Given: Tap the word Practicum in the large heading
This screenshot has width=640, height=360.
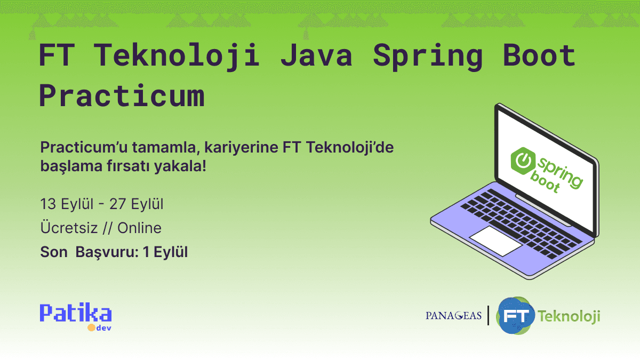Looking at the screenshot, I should pyautogui.click(x=122, y=97).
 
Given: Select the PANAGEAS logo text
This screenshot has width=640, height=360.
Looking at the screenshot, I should pyautogui.click(x=454, y=316).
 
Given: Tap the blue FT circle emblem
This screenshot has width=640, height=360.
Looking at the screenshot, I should pyautogui.click(x=515, y=316).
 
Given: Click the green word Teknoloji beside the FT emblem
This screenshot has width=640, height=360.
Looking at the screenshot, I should pyautogui.click(x=569, y=316).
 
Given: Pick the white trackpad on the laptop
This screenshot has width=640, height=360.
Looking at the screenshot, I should pyautogui.click(x=495, y=241).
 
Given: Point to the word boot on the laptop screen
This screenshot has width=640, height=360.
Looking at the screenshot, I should pyautogui.click(x=545, y=183).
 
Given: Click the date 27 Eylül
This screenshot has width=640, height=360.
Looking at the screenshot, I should pyautogui.click(x=136, y=204).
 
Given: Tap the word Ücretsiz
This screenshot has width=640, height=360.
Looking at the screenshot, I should pyautogui.click(x=69, y=228).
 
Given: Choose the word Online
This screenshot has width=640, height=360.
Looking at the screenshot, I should pyautogui.click(x=139, y=228).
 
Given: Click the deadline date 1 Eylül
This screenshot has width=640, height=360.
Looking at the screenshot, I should pyautogui.click(x=165, y=252).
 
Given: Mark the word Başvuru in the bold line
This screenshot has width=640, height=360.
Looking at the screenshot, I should pyautogui.click(x=106, y=252).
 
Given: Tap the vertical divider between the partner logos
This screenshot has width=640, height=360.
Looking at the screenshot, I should pyautogui.click(x=489, y=316).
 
